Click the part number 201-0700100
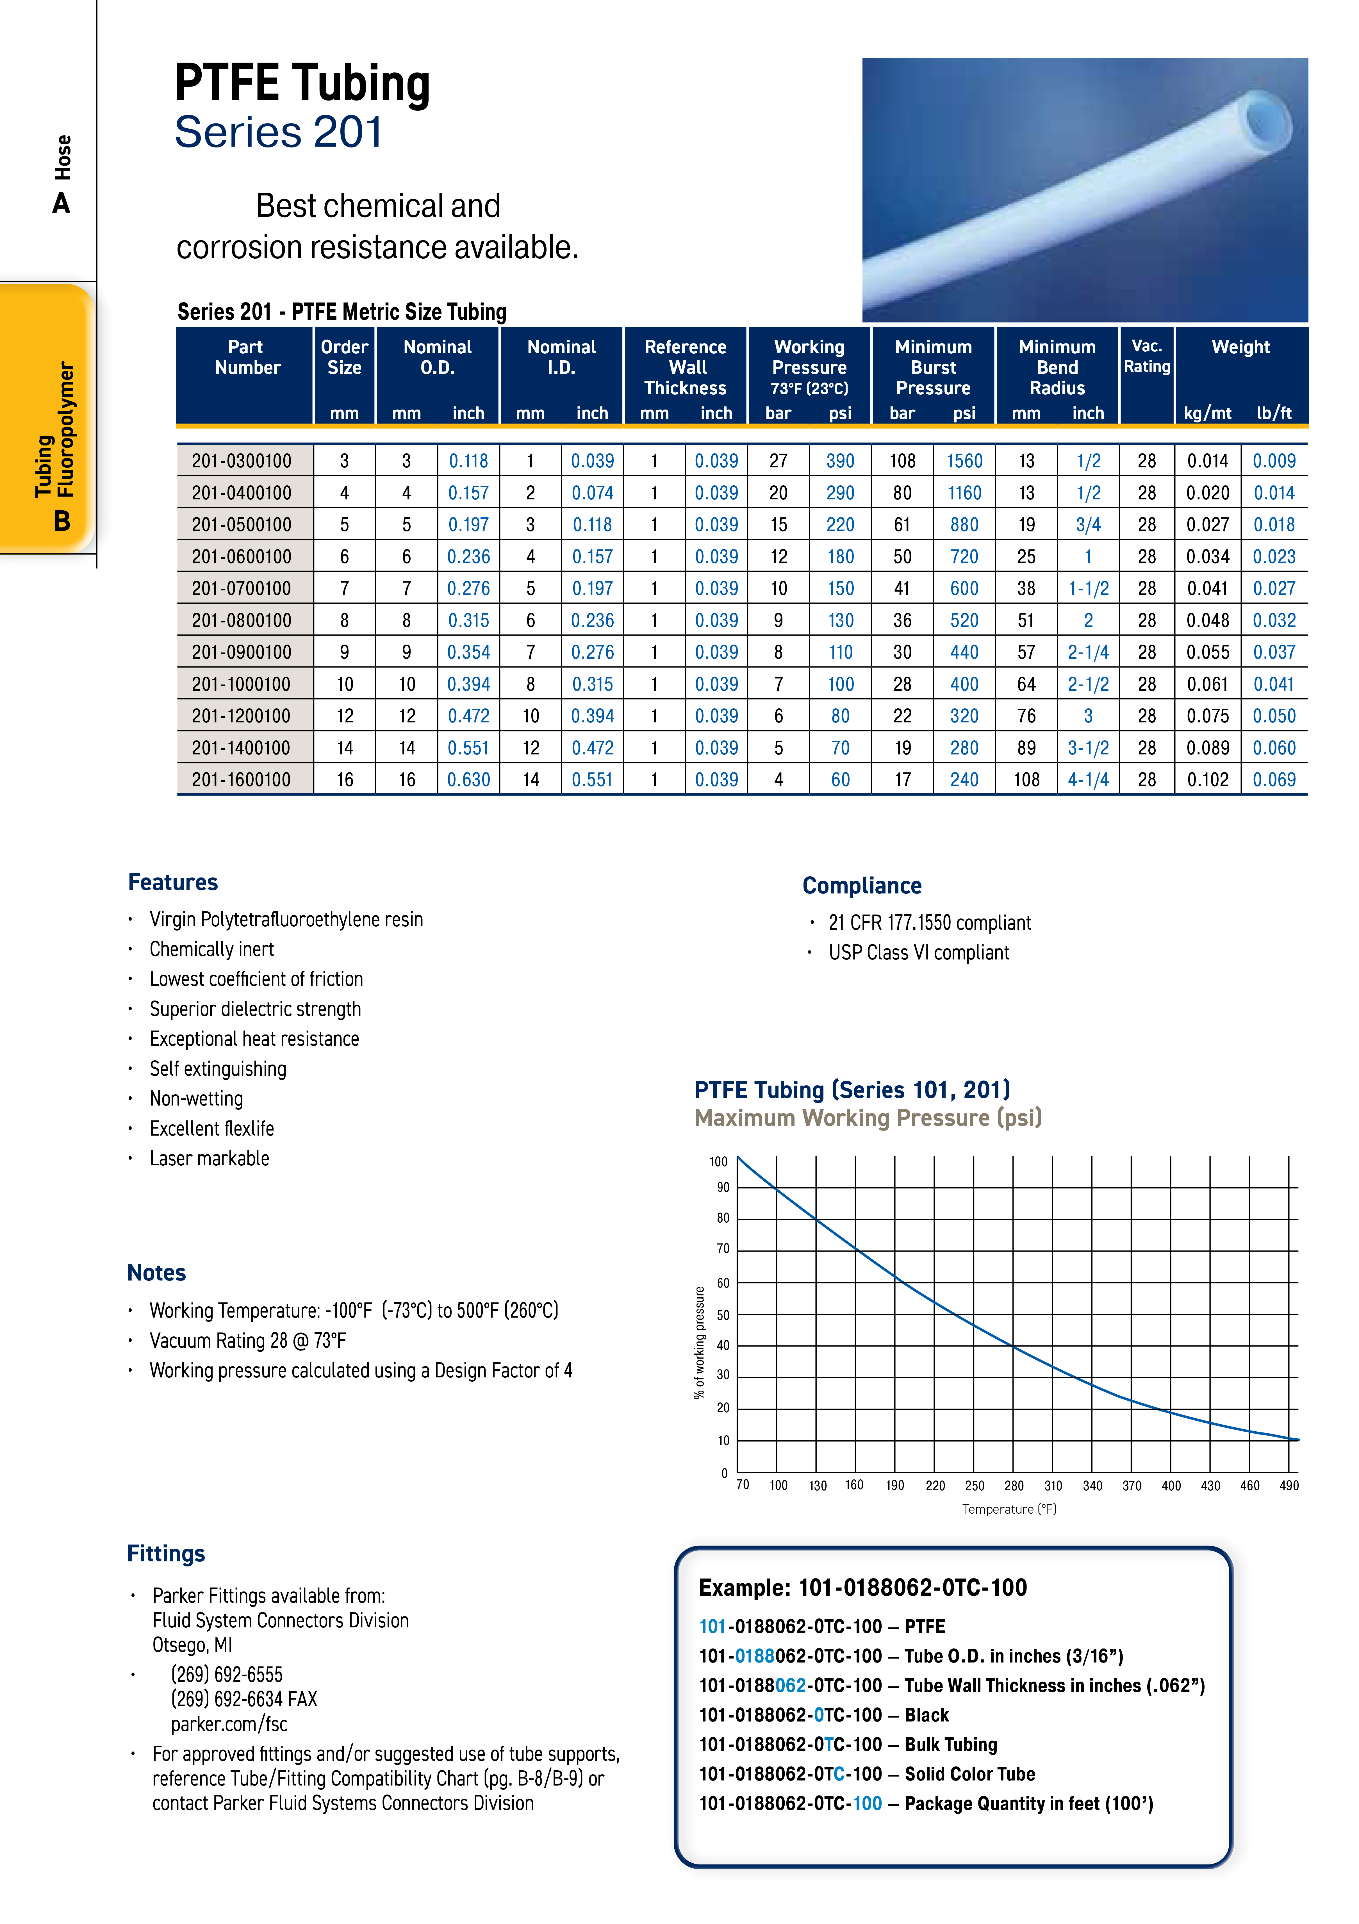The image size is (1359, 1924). [241, 588]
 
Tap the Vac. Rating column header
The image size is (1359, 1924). [1146, 356]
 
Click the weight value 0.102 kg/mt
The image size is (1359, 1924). [1207, 779]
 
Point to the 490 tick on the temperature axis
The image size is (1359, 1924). [1289, 1485]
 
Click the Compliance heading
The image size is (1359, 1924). [861, 886]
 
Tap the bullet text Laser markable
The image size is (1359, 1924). [210, 1158]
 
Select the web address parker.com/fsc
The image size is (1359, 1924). [229, 1724]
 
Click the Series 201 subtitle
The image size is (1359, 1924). [278, 132]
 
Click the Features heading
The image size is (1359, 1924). [173, 883]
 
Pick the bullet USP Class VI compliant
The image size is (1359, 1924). [918, 953]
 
